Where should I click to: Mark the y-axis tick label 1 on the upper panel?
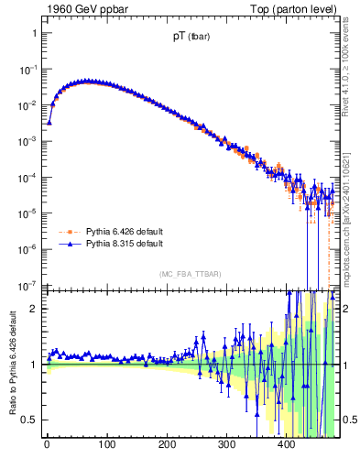pos(34,33)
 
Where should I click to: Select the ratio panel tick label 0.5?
pos(30,420)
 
